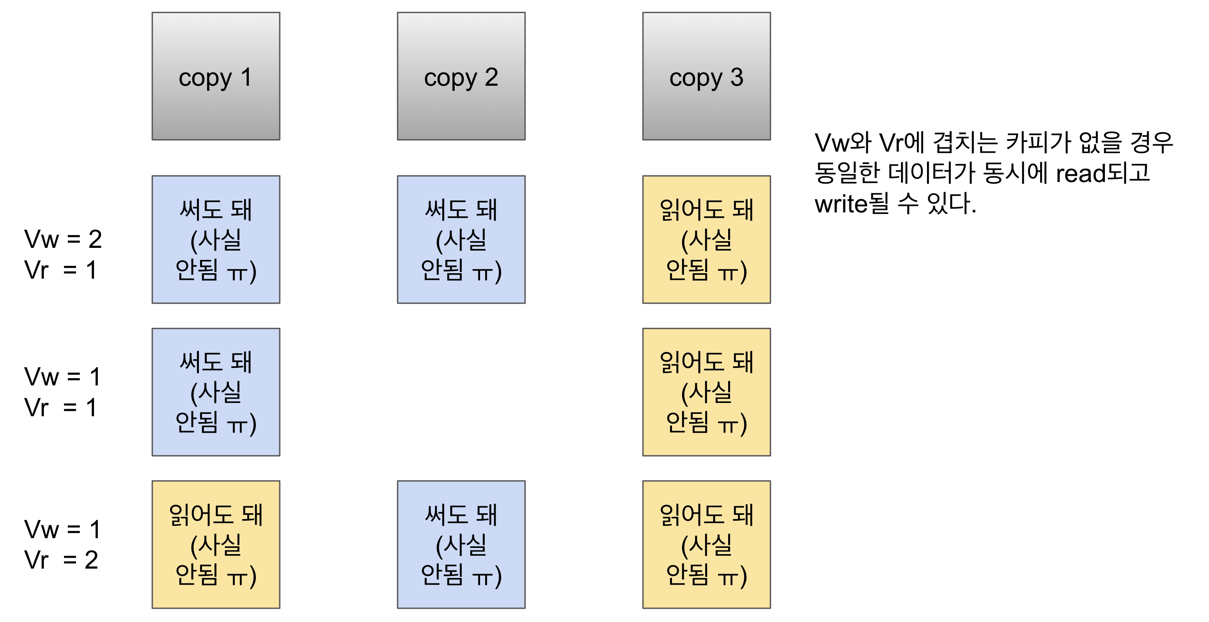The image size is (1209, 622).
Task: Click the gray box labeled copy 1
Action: (x=216, y=76)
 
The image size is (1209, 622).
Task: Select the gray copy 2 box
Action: (x=461, y=76)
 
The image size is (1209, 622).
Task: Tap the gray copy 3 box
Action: (x=706, y=76)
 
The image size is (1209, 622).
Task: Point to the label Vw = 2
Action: (x=63, y=239)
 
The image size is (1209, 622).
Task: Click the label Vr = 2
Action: (x=61, y=560)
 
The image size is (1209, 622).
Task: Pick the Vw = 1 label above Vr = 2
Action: (x=63, y=529)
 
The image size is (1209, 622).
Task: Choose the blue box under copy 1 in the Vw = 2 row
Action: (x=216, y=239)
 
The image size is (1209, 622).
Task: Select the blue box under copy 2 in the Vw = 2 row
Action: (x=461, y=239)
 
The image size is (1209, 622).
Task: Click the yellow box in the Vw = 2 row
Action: (x=706, y=239)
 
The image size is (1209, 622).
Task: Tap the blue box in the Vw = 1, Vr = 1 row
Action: (x=216, y=392)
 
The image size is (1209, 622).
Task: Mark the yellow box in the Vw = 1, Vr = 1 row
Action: (x=706, y=392)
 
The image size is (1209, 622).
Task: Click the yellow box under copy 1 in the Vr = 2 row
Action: (x=216, y=544)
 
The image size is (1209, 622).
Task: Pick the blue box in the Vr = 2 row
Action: (x=461, y=544)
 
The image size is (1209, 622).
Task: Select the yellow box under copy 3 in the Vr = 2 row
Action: (x=706, y=544)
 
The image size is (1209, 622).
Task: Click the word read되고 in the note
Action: (x=1103, y=173)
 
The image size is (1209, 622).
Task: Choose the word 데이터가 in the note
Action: (x=932, y=173)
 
